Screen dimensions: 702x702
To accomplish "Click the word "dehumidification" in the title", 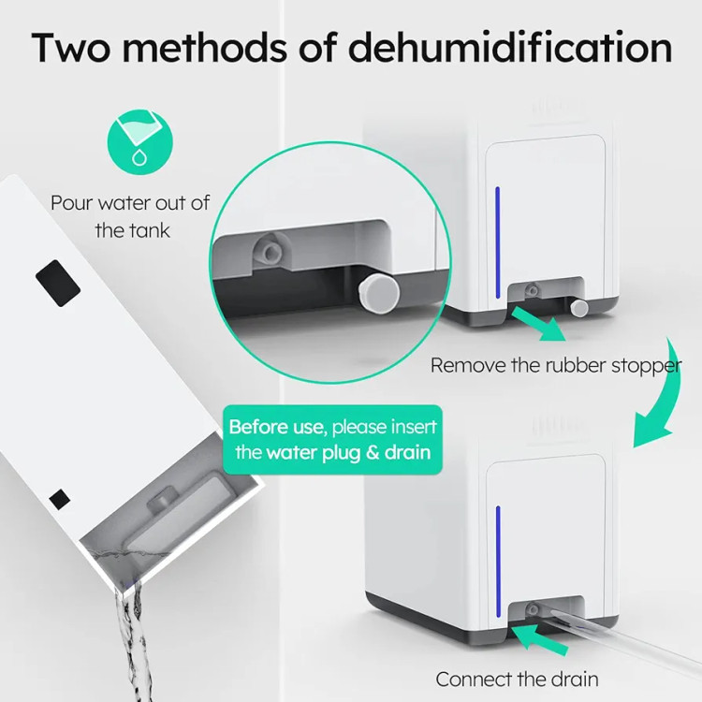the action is point(510,47).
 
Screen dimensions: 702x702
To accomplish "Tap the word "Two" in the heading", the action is point(71,47).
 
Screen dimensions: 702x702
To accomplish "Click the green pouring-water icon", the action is point(140,142).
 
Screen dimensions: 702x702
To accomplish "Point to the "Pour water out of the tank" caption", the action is point(130,217).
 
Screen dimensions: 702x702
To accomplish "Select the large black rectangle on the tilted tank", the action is point(58,283).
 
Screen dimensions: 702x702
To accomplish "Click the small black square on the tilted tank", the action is point(60,499).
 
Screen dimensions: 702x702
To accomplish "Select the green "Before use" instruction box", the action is point(332,440).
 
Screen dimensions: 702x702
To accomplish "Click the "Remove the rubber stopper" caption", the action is point(556,365).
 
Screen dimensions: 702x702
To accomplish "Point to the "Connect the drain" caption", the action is point(517,680).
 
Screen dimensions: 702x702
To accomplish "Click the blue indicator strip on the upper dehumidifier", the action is point(497,242).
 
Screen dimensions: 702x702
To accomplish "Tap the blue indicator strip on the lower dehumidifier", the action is point(498,562).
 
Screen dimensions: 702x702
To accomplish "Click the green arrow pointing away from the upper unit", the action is point(538,323).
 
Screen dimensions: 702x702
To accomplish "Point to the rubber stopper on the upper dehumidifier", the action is point(579,307).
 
